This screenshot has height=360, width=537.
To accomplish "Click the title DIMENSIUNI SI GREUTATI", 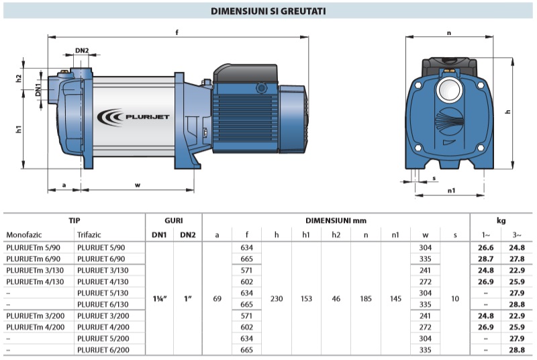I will click(269, 11).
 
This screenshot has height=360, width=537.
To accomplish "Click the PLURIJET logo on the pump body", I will click(134, 117).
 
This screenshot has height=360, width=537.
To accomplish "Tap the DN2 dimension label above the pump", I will click(82, 50).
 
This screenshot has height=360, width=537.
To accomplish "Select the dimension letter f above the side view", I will click(177, 32).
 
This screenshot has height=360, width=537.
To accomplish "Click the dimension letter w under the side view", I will click(138, 185).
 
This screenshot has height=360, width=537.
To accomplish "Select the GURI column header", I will click(174, 220).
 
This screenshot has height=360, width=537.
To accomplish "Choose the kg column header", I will click(501, 220).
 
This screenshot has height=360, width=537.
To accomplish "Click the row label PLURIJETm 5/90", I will click(33, 248).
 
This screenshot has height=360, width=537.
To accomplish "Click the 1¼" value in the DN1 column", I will click(160, 299).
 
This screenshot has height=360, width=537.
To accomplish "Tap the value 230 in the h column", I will click(276, 299).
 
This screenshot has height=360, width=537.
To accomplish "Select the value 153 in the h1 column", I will click(306, 299).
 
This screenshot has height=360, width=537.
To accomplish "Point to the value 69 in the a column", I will click(217, 299).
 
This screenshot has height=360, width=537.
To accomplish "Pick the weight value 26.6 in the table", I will click(485, 248).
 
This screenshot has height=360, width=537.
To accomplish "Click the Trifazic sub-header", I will click(91, 234).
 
